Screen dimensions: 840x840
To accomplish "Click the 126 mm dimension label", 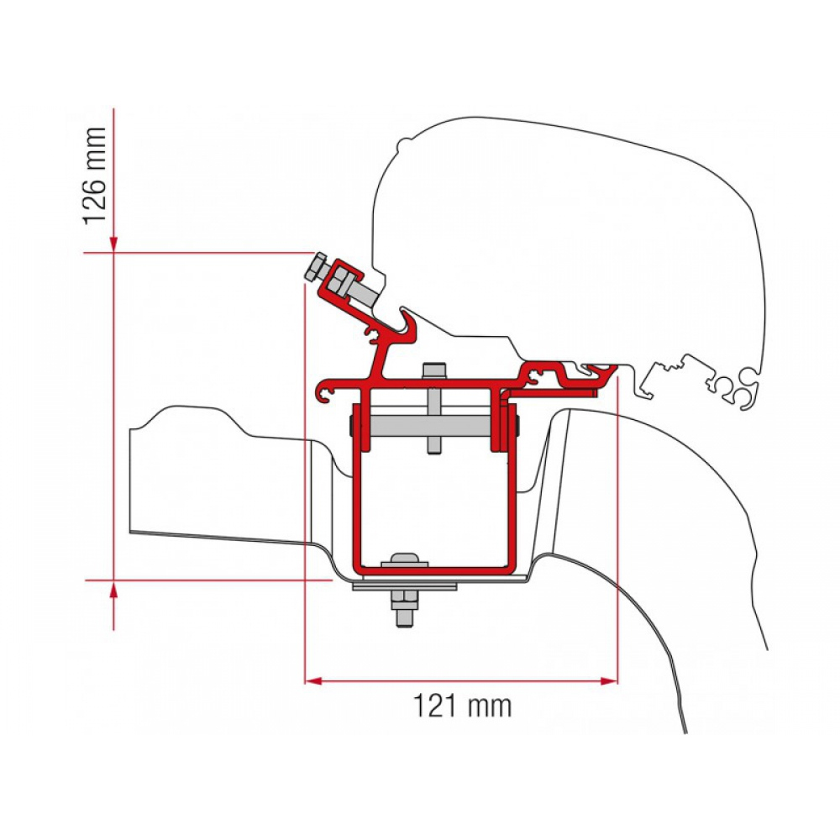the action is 94,176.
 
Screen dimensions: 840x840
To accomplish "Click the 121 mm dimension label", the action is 462,706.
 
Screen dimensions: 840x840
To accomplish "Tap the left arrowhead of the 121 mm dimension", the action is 312,681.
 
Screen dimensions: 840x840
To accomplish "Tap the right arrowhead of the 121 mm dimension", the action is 609,681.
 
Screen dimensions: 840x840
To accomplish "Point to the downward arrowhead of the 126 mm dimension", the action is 113,244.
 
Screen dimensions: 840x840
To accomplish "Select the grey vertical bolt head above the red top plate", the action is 433,370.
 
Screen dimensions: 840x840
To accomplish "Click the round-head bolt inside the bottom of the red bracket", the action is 404,560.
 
